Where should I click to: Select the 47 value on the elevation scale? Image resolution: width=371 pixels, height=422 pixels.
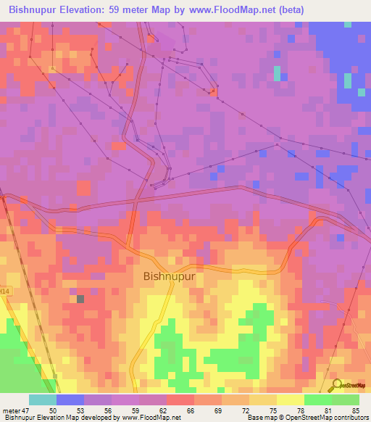[x=25, y=410]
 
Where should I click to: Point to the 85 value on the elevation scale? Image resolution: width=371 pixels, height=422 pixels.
[x=355, y=410]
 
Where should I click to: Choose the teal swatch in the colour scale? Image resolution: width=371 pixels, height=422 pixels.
[x=42, y=400]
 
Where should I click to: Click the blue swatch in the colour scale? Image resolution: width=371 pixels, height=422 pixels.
[x=70, y=400]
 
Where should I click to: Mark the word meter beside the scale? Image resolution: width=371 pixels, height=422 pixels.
[x=11, y=410]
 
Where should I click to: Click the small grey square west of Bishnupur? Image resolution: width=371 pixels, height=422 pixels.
[x=80, y=298]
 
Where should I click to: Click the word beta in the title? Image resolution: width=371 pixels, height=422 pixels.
[x=292, y=9]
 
